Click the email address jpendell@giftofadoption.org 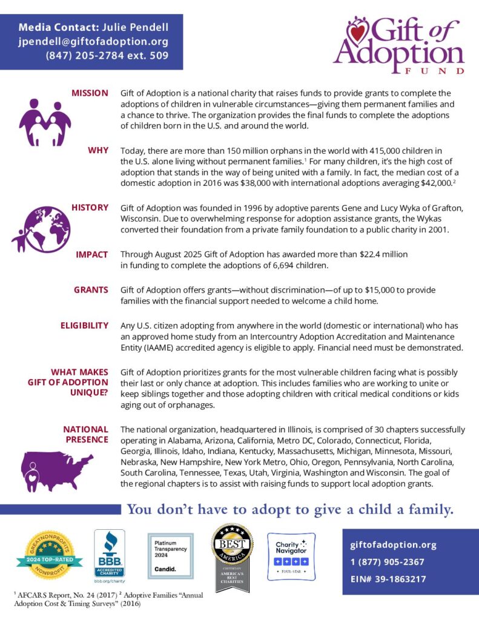point(93,42)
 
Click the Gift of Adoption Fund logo point(398,46)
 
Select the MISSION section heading point(90,93)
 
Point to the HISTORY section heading point(90,207)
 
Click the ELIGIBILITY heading point(84,326)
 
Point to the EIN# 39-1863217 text point(388,579)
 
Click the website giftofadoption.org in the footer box point(393,545)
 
